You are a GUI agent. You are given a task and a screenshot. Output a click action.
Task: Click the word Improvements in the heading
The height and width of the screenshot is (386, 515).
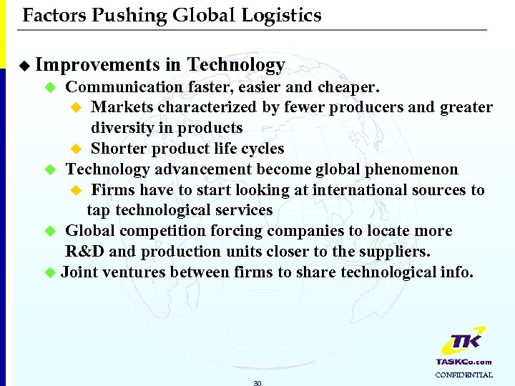pyautogui.click(x=97, y=65)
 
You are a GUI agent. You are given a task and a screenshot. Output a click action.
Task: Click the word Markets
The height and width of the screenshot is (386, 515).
pyautogui.click(x=122, y=107)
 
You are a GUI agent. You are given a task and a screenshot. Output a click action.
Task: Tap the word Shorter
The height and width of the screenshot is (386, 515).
pyautogui.click(x=118, y=149)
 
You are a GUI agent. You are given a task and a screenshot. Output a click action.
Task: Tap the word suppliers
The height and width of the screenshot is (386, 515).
pyautogui.click(x=396, y=252)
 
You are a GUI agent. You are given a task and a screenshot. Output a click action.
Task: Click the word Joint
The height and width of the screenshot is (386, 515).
pyautogui.click(x=79, y=272)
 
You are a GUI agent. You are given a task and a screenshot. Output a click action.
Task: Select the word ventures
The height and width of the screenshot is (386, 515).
pyautogui.click(x=137, y=272)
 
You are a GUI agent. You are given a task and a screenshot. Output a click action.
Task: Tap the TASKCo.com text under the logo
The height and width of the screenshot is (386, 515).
pyautogui.click(x=463, y=362)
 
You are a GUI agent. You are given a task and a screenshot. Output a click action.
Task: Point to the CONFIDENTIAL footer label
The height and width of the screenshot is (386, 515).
pyautogui.click(x=463, y=375)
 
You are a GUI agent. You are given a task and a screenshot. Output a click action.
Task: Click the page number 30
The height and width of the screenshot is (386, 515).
pyautogui.click(x=257, y=383)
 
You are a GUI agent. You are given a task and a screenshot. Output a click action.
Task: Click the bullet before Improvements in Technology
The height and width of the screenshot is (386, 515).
pyautogui.click(x=26, y=66)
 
